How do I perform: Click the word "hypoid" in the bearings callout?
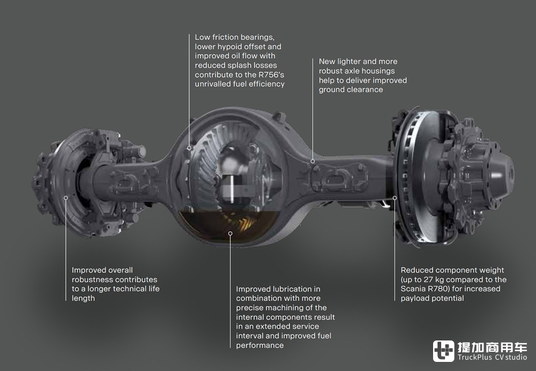(229, 47)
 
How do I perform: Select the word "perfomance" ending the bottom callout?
(260, 345)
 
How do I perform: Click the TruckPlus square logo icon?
(443, 351)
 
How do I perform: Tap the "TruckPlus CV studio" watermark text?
(492, 357)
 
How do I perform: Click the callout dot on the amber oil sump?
(230, 233)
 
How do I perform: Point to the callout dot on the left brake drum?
(65, 198)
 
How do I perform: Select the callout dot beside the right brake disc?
(394, 198)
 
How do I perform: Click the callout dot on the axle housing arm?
(312, 161)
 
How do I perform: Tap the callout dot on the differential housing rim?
(189, 148)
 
